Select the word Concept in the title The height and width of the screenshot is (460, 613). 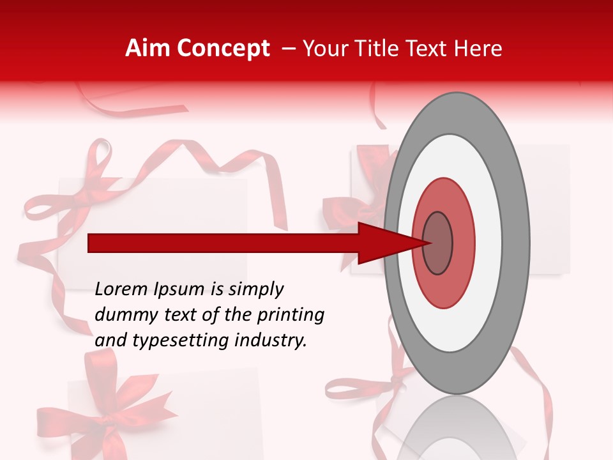coord(222,49)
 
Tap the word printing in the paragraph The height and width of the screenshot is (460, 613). coord(291,316)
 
